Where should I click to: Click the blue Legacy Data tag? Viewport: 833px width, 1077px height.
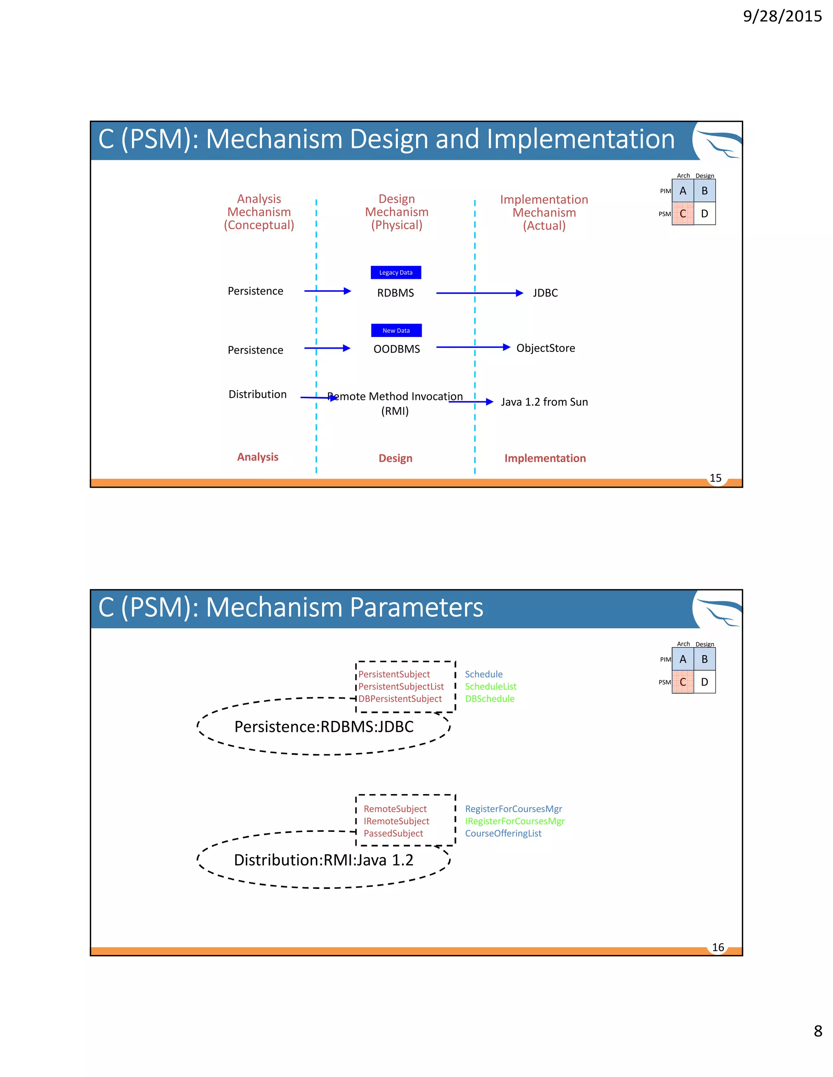click(x=396, y=272)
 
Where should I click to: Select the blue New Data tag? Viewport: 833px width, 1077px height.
click(x=396, y=330)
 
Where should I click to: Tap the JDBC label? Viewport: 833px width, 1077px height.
click(x=545, y=293)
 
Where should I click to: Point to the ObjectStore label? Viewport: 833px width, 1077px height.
click(x=545, y=348)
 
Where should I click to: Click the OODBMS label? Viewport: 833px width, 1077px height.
click(x=396, y=349)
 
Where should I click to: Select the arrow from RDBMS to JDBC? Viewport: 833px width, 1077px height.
click(x=479, y=293)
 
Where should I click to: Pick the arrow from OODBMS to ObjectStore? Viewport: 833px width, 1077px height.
click(x=473, y=347)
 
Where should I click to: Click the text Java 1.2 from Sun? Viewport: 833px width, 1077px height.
click(x=544, y=402)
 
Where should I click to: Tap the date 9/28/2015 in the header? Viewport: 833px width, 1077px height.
click(x=782, y=16)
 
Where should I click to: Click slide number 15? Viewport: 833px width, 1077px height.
click(x=715, y=478)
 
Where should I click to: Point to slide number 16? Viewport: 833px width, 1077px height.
click(x=718, y=947)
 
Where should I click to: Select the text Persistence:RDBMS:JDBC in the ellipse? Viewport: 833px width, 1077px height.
click(x=324, y=726)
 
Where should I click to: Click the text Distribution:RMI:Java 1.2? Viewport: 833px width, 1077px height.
click(x=323, y=860)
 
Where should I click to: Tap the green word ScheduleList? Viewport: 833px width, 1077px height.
click(x=491, y=686)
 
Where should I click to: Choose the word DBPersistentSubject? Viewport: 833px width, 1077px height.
click(x=400, y=699)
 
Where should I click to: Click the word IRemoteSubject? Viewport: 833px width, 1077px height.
click(x=396, y=821)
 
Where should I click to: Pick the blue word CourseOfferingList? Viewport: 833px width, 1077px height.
click(x=503, y=834)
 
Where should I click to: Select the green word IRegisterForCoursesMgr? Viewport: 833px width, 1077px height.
click(x=515, y=821)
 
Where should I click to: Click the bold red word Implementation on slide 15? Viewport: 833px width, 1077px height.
click(x=545, y=458)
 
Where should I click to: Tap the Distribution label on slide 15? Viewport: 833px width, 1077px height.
click(x=257, y=395)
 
